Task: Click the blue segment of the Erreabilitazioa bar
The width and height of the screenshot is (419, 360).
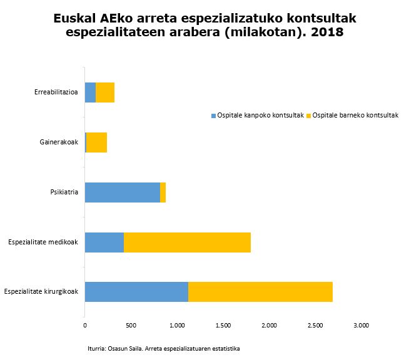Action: (x=90, y=92)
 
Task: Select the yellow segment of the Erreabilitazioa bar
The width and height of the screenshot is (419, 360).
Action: (x=105, y=92)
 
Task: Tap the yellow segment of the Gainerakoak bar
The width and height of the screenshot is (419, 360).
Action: (x=97, y=142)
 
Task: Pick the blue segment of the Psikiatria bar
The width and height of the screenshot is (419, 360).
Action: (x=122, y=192)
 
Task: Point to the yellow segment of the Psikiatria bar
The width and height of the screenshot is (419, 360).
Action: (x=163, y=192)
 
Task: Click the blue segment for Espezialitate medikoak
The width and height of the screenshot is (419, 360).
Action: (x=104, y=242)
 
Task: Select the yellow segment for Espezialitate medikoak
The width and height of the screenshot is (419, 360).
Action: (x=187, y=242)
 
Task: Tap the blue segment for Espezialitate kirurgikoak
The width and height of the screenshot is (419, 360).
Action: (x=136, y=292)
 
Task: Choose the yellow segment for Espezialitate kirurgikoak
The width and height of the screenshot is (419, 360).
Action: (x=260, y=292)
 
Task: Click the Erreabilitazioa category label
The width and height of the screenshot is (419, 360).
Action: (x=56, y=92)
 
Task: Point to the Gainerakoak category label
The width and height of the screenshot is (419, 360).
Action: (x=59, y=142)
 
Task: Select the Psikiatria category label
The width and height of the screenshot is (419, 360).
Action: (x=64, y=192)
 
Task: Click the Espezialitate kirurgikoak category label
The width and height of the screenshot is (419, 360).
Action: (x=41, y=292)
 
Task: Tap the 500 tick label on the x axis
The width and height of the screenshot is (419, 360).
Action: (x=131, y=325)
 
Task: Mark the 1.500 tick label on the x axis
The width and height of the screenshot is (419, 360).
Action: (x=223, y=325)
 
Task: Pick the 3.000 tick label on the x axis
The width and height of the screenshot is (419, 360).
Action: (x=361, y=325)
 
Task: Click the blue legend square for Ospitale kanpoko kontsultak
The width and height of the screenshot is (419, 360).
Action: (x=213, y=116)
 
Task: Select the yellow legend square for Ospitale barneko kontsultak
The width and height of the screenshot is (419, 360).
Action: (x=309, y=116)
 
